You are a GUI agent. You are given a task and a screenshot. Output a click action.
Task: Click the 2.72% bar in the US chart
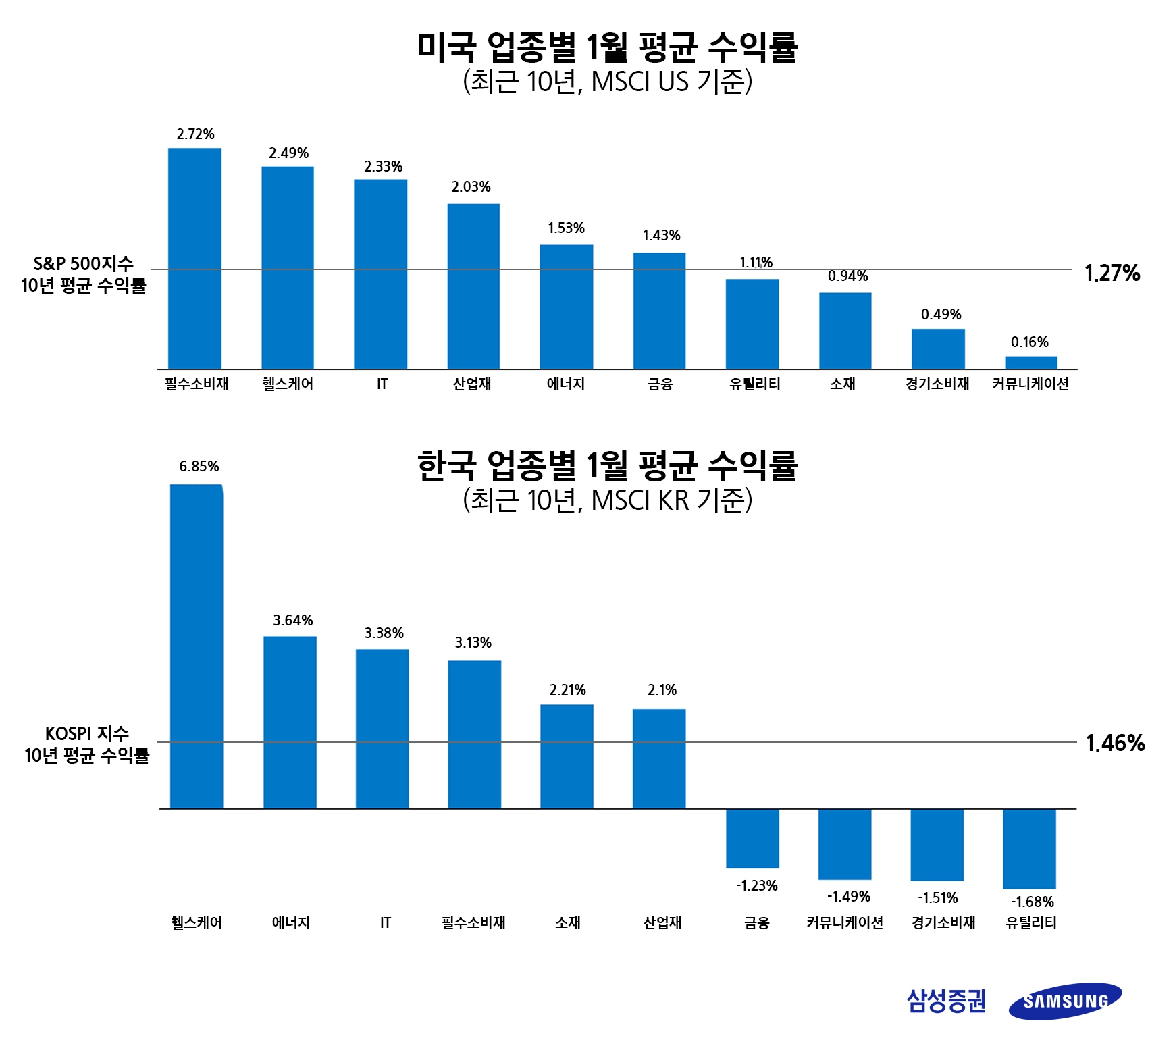point(194,258)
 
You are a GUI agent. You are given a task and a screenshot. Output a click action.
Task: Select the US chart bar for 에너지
point(566,307)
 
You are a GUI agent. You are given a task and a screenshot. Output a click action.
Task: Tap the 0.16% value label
point(1029,342)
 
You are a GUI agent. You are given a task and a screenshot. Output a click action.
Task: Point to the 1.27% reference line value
point(1112,273)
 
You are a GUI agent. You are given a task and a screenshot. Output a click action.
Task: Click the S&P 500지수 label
point(84,263)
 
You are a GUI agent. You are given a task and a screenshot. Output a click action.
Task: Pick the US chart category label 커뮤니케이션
point(1030,384)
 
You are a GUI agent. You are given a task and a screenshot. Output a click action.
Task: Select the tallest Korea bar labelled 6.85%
point(197,646)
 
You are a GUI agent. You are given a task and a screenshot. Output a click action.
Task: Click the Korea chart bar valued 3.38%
point(382,728)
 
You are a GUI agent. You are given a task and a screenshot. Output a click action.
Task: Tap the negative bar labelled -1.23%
point(752,838)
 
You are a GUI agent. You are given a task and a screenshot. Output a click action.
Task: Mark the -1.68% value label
point(1032,902)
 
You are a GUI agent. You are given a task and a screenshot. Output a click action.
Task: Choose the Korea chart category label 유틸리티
point(1030,922)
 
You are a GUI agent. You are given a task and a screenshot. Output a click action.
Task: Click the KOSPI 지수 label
point(86,733)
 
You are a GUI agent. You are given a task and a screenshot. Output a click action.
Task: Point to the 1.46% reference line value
point(1114,743)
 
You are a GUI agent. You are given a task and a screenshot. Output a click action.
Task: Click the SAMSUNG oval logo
point(1065,1001)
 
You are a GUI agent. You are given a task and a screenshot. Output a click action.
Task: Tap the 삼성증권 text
point(946,1001)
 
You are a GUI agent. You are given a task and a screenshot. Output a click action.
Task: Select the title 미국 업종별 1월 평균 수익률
point(607,47)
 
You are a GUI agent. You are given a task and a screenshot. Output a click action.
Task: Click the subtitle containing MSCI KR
point(607,500)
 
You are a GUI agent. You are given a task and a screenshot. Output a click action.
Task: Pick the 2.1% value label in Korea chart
point(662,689)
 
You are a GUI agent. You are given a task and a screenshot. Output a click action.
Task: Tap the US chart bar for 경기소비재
point(938,348)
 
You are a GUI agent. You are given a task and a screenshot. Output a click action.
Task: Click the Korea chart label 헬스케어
point(197,922)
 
